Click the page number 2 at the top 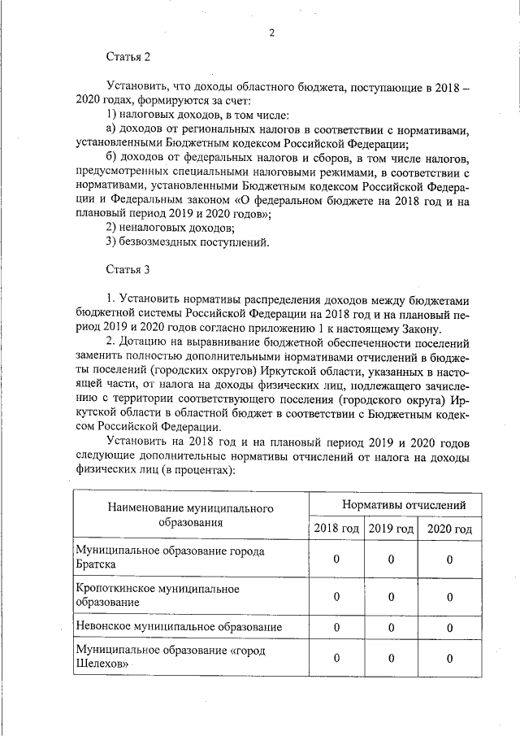point(272,33)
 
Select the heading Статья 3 point(128,268)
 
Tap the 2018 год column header point(336,529)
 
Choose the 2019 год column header point(391,529)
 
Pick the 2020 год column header point(449,529)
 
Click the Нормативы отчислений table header point(392,505)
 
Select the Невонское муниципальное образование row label point(179,627)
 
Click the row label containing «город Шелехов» point(171,657)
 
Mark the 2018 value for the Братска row point(336,559)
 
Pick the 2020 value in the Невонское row point(449,627)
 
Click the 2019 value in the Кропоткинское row point(391,595)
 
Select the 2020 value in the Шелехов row point(449,658)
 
